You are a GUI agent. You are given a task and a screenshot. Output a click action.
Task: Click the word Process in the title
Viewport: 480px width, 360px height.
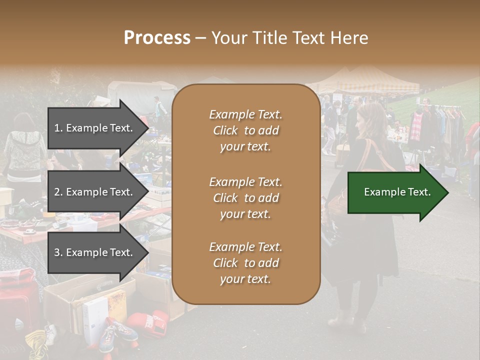tap(157, 38)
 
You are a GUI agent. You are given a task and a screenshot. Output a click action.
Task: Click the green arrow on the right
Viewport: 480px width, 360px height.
tap(397, 192)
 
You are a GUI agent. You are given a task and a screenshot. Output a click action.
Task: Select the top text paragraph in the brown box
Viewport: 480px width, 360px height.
tap(245, 130)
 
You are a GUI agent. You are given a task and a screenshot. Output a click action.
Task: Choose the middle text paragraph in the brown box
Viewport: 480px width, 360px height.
tap(245, 198)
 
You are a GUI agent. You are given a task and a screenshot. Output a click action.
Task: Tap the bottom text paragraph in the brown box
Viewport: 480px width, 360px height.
tap(245, 263)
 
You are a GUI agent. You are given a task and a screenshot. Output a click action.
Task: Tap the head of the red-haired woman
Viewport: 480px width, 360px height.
tap(370, 117)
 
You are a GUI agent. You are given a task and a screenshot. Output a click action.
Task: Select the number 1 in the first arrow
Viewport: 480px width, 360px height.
tap(56, 128)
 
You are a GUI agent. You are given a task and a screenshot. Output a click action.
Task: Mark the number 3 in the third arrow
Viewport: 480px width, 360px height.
tap(57, 252)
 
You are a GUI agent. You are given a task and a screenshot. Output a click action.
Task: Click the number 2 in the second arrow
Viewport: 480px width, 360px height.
tap(57, 192)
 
